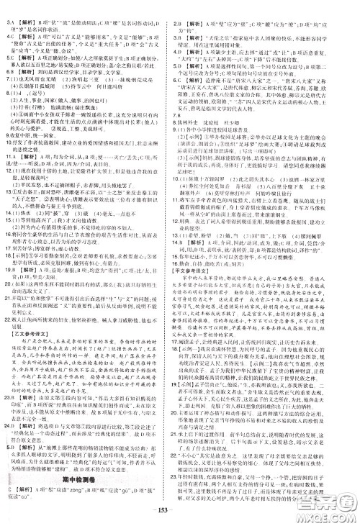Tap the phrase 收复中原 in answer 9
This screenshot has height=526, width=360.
point(28,135)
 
